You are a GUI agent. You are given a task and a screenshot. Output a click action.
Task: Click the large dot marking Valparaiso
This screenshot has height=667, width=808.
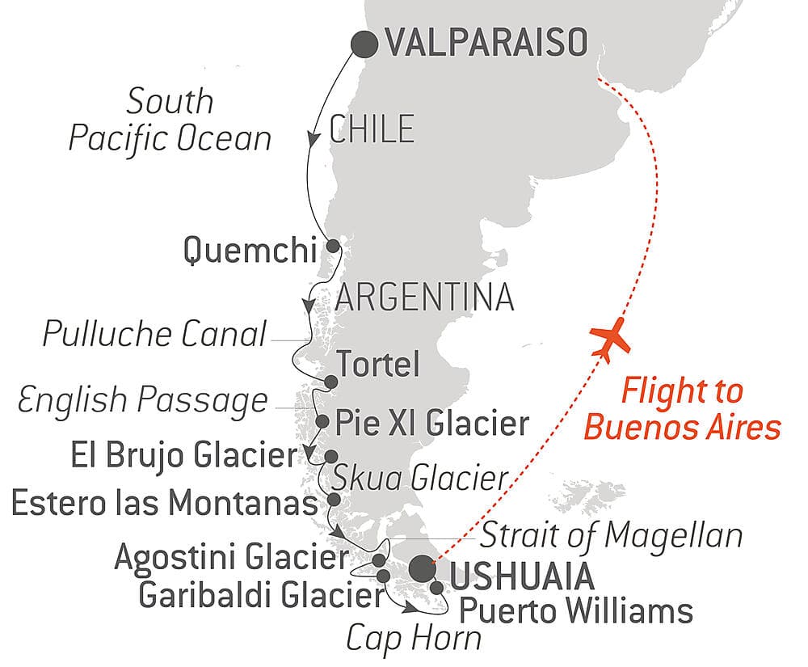click(x=364, y=44)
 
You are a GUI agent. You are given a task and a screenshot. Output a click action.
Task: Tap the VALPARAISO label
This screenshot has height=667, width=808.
click(x=486, y=44)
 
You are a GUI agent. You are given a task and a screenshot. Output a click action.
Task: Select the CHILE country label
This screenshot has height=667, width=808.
click(x=372, y=129)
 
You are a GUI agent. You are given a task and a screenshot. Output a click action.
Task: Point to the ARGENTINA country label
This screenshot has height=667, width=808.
click(x=425, y=297)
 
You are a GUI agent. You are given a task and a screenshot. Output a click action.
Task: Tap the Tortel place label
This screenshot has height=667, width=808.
click(x=377, y=365)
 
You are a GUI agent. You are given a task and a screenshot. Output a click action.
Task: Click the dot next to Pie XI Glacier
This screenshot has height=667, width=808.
click(x=322, y=421)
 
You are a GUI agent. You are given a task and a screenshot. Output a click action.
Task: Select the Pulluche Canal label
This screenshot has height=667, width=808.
click(x=154, y=334)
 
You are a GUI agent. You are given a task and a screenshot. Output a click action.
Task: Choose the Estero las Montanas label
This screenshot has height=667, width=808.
click(x=165, y=504)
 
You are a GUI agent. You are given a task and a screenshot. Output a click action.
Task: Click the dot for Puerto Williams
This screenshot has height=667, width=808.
click(x=437, y=588)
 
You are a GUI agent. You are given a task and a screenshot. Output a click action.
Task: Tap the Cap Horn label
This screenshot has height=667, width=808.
click(x=414, y=638)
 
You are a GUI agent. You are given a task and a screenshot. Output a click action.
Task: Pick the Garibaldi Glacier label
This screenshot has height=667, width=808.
click(x=260, y=595)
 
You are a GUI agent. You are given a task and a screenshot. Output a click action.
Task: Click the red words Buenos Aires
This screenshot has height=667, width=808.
click(x=682, y=427)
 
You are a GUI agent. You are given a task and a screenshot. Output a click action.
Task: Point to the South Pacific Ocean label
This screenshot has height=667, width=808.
click(x=170, y=120)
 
